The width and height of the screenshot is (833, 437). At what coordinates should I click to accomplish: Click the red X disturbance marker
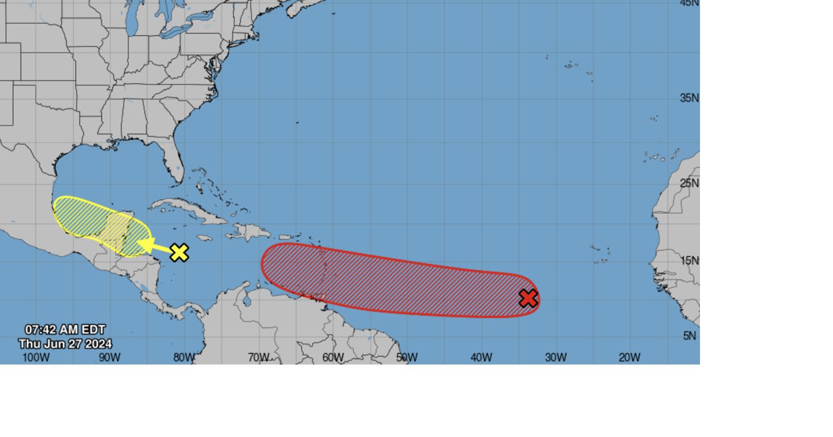pos(528,298)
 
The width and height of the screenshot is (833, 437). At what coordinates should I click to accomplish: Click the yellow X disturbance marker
pos(179,252)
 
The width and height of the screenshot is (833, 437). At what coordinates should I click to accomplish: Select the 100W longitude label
pos(36,357)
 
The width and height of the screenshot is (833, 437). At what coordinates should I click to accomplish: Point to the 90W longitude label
pos(109,357)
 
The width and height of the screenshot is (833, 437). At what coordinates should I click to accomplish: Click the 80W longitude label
pos(184,357)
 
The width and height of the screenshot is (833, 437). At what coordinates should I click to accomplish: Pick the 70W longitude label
pos(258,357)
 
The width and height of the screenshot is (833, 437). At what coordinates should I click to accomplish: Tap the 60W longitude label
pos(333,357)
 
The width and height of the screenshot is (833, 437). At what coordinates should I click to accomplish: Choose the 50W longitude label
pos(407,357)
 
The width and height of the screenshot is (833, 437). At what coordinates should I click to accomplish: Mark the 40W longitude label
pos(481,357)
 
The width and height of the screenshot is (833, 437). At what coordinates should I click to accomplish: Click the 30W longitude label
pos(555,357)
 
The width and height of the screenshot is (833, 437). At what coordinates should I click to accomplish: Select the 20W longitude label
pos(629,357)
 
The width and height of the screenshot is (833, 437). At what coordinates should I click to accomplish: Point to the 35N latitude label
pos(689,98)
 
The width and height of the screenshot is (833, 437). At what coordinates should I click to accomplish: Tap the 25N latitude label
pos(689,183)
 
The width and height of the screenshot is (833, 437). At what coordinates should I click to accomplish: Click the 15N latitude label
pos(689,260)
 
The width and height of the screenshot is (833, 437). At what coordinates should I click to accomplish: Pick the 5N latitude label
pos(691,336)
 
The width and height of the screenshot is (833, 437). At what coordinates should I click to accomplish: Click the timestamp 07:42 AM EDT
pos(65,330)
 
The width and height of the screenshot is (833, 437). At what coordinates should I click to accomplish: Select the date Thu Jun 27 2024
pos(65,344)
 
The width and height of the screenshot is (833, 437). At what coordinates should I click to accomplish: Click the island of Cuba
pos(187,209)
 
